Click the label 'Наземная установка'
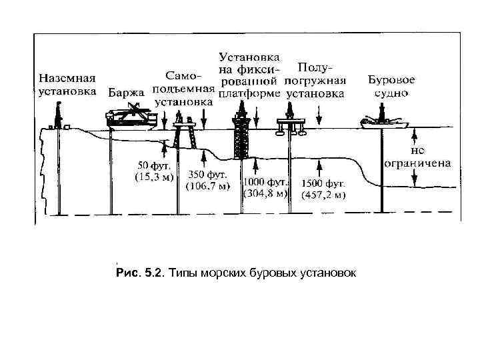[x=67, y=84]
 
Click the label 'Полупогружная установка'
[x=316, y=80]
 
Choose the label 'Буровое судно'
[x=391, y=85]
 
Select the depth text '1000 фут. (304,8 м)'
[x=265, y=188]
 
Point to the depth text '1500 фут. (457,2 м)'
[x=323, y=189]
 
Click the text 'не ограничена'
[x=417, y=157]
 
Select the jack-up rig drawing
[x=182, y=130]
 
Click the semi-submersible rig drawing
[x=291, y=125]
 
